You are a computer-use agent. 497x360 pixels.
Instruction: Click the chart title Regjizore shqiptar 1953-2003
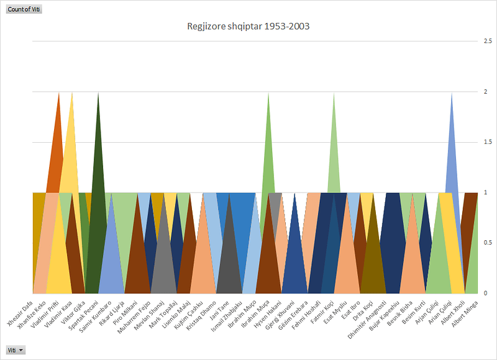click(x=248, y=27)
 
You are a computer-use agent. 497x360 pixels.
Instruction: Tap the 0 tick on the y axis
click(x=485, y=292)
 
